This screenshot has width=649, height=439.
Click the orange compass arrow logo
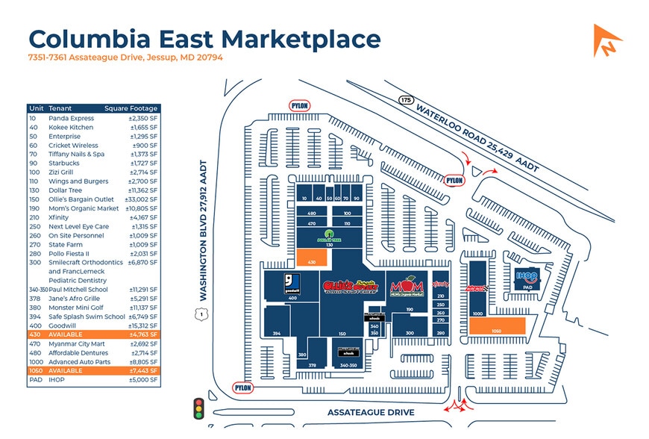[x=607, y=40]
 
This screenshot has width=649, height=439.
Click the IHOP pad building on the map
[x=527, y=280]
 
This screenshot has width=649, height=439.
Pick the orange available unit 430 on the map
[x=313, y=258]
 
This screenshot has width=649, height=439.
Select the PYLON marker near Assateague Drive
[x=242, y=388]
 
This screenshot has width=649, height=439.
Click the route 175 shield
[x=406, y=99]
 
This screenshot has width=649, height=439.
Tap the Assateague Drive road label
[x=370, y=412]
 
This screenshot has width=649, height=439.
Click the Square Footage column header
[x=132, y=108]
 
